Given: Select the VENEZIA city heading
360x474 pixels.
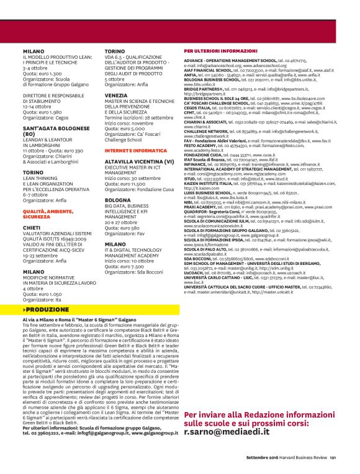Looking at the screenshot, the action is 117,94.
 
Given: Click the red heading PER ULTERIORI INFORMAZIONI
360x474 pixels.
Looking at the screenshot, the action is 220,51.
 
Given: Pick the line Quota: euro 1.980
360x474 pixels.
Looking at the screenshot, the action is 42,111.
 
